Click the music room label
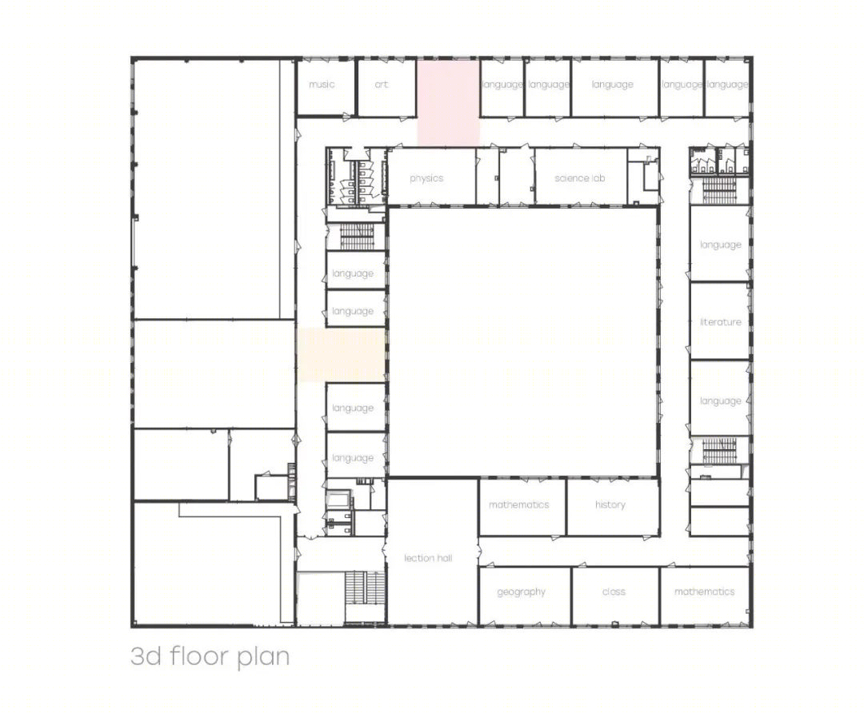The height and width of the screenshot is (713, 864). [x=322, y=84]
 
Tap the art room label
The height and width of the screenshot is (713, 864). [x=382, y=84]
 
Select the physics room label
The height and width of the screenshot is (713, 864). [x=426, y=178]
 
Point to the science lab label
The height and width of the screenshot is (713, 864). [x=580, y=177]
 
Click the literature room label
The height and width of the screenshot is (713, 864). [x=720, y=321]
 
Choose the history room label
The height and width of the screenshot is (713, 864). [x=610, y=504]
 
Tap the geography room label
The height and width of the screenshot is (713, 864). [x=521, y=592]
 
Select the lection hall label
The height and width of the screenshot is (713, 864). [x=428, y=558]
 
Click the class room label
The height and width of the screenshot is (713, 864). [x=614, y=592]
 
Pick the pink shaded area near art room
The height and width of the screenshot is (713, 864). [x=448, y=103]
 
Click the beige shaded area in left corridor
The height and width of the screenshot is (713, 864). [x=341, y=355]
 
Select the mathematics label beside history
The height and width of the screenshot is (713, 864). [x=519, y=504]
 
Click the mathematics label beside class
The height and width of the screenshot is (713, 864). [x=705, y=592]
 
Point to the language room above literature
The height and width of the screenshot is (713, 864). [x=720, y=243]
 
